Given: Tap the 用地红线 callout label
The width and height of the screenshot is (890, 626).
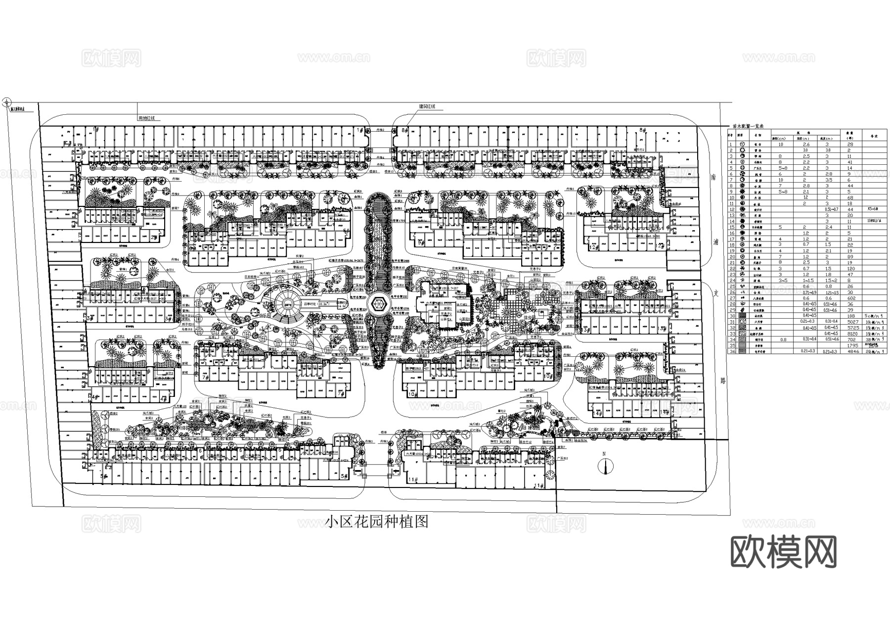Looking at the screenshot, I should click(147, 118).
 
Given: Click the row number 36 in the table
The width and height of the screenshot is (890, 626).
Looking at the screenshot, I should click(731, 351).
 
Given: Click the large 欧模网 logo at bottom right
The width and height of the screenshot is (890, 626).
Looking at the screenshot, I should click(783, 553).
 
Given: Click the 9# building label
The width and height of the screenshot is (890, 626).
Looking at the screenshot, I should click(421, 243).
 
